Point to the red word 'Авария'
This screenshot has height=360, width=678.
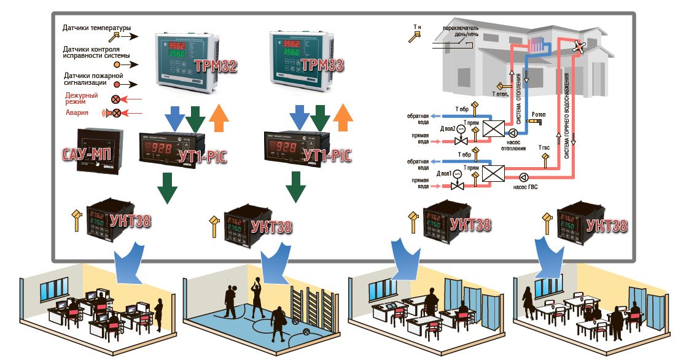(x=77, y=113)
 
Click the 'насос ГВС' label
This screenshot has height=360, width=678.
(x=525, y=187)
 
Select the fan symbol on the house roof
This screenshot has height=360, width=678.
(x=578, y=45)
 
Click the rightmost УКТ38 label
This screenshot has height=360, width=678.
(x=607, y=225)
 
